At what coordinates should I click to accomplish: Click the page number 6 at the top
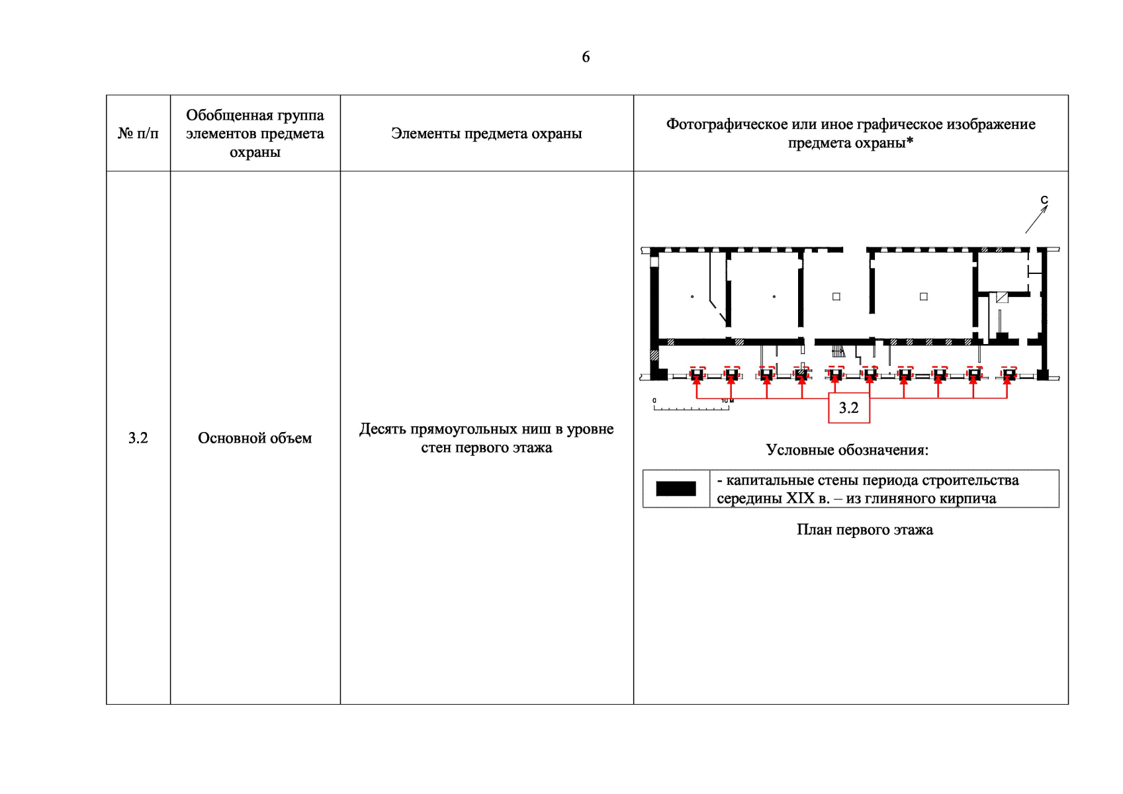[586, 58]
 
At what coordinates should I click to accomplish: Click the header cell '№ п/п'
[138, 134]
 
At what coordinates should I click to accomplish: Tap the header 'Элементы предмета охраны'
[486, 134]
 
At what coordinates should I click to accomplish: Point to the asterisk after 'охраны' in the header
[910, 141]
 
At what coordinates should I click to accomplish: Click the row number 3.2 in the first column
[138, 438]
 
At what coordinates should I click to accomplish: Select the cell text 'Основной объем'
[255, 438]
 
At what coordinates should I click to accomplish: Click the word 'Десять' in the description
[383, 429]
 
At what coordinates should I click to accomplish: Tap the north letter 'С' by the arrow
[1044, 200]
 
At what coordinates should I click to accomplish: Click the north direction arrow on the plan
[1037, 219]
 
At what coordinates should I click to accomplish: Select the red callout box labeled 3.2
[849, 408]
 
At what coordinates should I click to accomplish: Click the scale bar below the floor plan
[692, 408]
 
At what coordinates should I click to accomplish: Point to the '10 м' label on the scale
[728, 401]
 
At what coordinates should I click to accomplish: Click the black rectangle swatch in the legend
[676, 489]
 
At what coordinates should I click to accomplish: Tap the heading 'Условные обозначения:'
[847, 450]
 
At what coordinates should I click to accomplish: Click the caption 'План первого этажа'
[865, 530]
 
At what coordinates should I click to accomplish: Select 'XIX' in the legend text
[800, 498]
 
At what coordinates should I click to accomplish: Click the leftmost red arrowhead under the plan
[696, 381]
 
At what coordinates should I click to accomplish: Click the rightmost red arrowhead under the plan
[1007, 381]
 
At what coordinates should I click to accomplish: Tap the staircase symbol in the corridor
[838, 351]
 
